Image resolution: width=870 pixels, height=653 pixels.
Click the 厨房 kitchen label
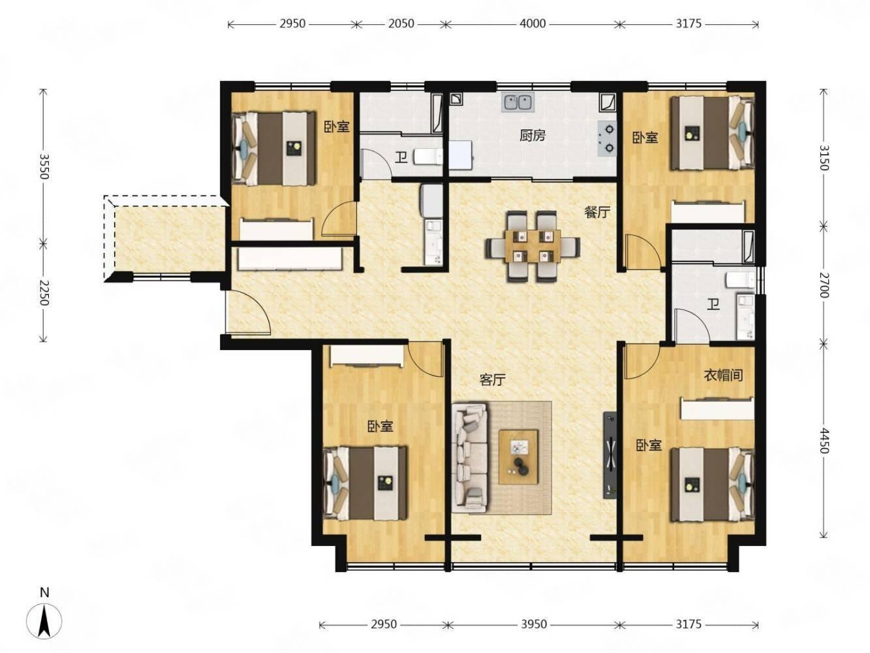(x=533, y=136)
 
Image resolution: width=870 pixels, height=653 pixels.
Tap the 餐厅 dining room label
(x=597, y=212)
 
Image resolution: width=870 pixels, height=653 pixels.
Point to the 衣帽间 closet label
(x=723, y=375)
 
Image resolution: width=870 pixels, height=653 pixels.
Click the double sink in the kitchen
(x=518, y=102)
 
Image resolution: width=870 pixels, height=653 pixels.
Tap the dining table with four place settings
(x=533, y=246)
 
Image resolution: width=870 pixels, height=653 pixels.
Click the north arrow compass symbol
(x=44, y=622)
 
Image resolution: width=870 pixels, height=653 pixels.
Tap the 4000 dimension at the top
(x=533, y=24)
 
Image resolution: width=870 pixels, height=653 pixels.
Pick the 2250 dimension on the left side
(x=43, y=293)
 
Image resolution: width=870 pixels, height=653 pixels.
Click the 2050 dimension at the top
(x=401, y=24)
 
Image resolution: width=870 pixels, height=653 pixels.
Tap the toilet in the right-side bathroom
(x=741, y=280)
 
